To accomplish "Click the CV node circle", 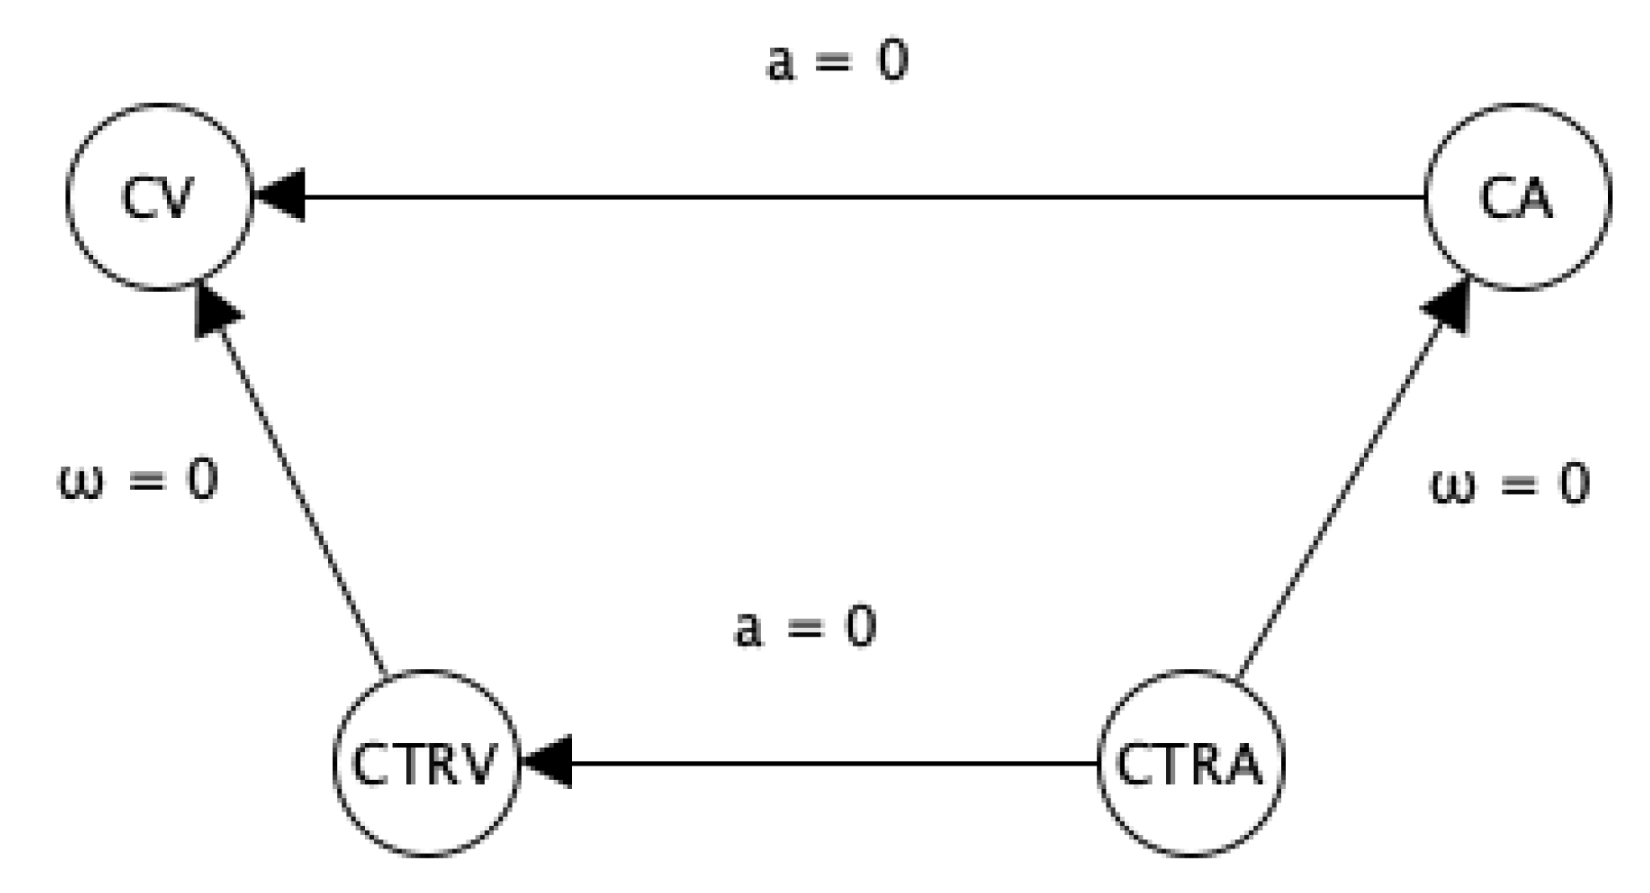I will (159, 197).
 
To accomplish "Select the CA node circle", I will (1517, 197).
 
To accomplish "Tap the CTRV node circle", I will (426, 763).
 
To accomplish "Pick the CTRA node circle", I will (1190, 763).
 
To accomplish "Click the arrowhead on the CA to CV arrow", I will (280, 196).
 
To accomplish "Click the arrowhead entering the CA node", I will (1450, 305).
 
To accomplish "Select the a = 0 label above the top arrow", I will (836, 62).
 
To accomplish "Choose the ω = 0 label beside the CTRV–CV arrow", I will (138, 481).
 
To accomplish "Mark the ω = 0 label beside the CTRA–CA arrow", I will (1509, 485).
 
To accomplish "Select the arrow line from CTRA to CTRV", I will (830, 763).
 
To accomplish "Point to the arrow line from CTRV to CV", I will (302, 503).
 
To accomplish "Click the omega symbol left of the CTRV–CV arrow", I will (81, 485).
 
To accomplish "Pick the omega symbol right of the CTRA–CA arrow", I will (1453, 487).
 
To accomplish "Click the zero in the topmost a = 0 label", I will (893, 62).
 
